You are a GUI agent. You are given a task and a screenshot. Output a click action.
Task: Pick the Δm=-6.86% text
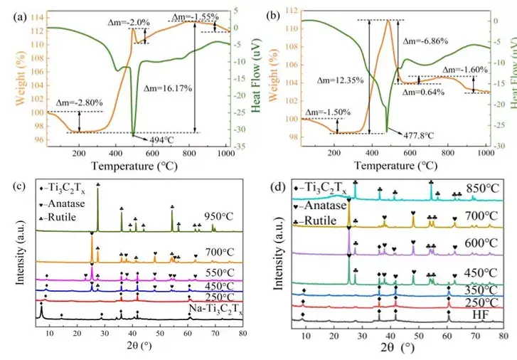pos(425,41)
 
